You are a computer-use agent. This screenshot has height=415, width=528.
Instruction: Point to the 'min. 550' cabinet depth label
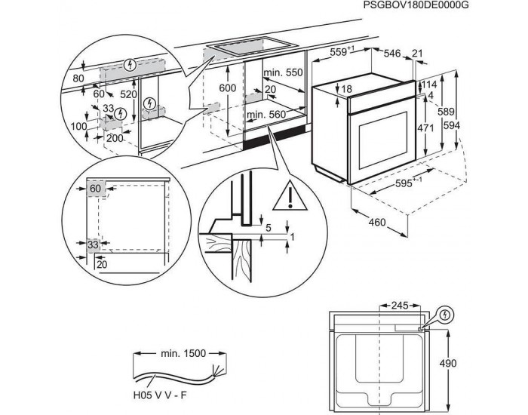[x=282, y=72]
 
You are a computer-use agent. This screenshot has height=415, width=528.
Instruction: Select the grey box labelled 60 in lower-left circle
[x=95, y=188]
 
